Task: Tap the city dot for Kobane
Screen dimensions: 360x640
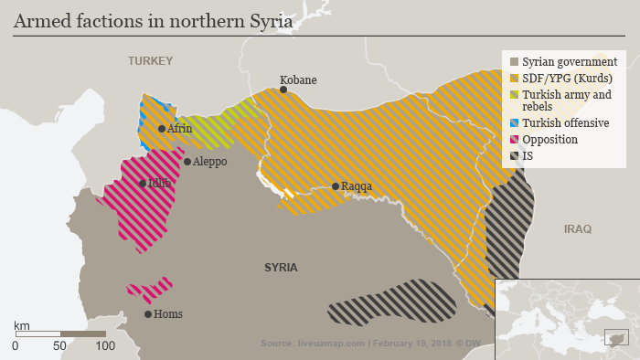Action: [x=283, y=90]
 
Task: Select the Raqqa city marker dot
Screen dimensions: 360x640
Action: [x=336, y=186]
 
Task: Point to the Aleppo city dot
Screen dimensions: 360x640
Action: [x=187, y=162]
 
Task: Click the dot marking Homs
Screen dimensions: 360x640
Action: [x=148, y=314]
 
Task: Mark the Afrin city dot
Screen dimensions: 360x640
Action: [x=162, y=129]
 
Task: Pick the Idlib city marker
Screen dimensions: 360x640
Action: [x=143, y=184]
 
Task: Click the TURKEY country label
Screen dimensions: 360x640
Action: [x=150, y=60]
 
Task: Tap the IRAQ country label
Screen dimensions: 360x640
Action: [x=578, y=228]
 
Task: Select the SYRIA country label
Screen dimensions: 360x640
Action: [x=281, y=268]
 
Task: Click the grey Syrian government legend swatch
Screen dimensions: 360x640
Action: [x=514, y=61]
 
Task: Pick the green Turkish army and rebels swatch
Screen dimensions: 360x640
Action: [x=514, y=94]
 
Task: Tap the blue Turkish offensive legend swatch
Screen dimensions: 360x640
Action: [x=514, y=122]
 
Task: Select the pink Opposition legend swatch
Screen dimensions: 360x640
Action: [x=514, y=140]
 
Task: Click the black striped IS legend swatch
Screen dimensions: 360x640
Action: [x=514, y=156]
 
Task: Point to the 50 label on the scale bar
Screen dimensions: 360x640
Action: [x=60, y=346]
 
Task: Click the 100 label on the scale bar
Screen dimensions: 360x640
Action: [x=105, y=346]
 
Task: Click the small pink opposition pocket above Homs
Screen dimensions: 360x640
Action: [x=150, y=290]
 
